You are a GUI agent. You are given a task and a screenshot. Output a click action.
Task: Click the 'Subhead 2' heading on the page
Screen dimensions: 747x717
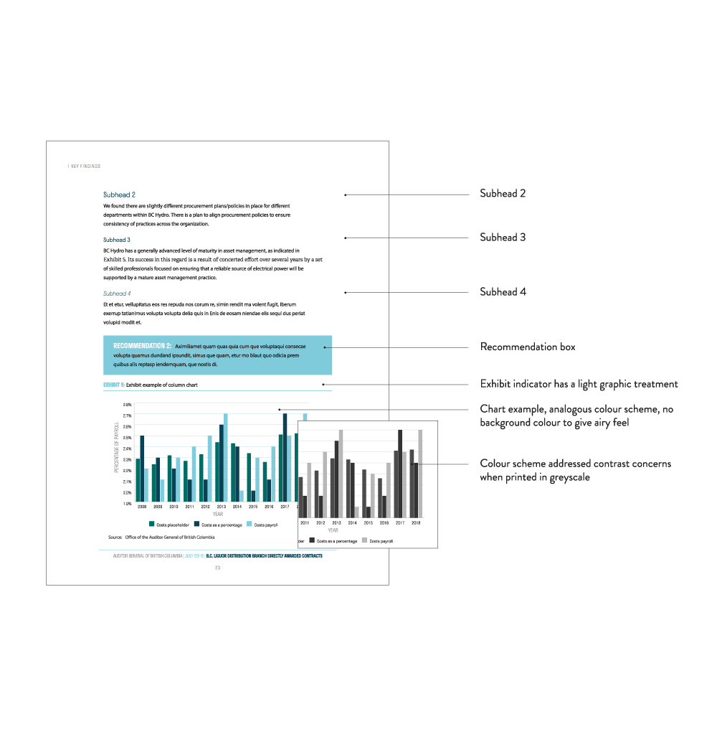click(x=119, y=194)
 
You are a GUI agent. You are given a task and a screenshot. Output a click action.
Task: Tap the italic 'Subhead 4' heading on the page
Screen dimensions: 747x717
click(x=116, y=293)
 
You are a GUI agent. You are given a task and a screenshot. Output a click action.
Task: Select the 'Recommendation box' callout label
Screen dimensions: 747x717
click(x=527, y=347)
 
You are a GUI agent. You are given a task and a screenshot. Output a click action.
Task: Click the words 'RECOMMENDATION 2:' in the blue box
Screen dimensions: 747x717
click(x=142, y=346)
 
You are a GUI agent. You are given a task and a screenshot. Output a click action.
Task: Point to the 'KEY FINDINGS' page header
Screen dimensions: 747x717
click(x=85, y=166)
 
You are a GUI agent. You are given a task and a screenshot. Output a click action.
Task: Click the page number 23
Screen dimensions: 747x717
click(x=217, y=568)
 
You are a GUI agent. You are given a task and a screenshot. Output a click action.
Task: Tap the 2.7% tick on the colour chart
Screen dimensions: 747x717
click(x=127, y=415)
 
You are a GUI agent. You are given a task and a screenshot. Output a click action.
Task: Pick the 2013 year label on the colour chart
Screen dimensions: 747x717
click(x=221, y=507)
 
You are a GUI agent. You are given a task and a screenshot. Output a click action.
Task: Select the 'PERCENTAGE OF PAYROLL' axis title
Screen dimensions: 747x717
click(x=117, y=448)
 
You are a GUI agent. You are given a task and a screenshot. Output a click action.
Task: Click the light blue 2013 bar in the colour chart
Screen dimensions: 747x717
click(x=225, y=458)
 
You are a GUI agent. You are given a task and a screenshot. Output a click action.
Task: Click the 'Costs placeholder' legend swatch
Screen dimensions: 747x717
click(x=152, y=525)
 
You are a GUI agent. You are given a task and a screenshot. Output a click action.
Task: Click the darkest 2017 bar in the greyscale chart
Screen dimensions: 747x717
click(x=399, y=473)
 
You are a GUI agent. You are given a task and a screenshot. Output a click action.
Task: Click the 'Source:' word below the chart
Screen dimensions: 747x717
click(x=115, y=537)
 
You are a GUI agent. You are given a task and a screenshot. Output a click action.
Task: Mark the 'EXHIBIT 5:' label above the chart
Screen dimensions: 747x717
click(x=114, y=385)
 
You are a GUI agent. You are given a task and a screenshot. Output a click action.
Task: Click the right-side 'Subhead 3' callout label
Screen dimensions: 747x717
click(x=503, y=238)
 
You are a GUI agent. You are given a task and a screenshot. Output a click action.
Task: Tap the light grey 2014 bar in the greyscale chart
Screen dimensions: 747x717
click(x=356, y=512)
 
